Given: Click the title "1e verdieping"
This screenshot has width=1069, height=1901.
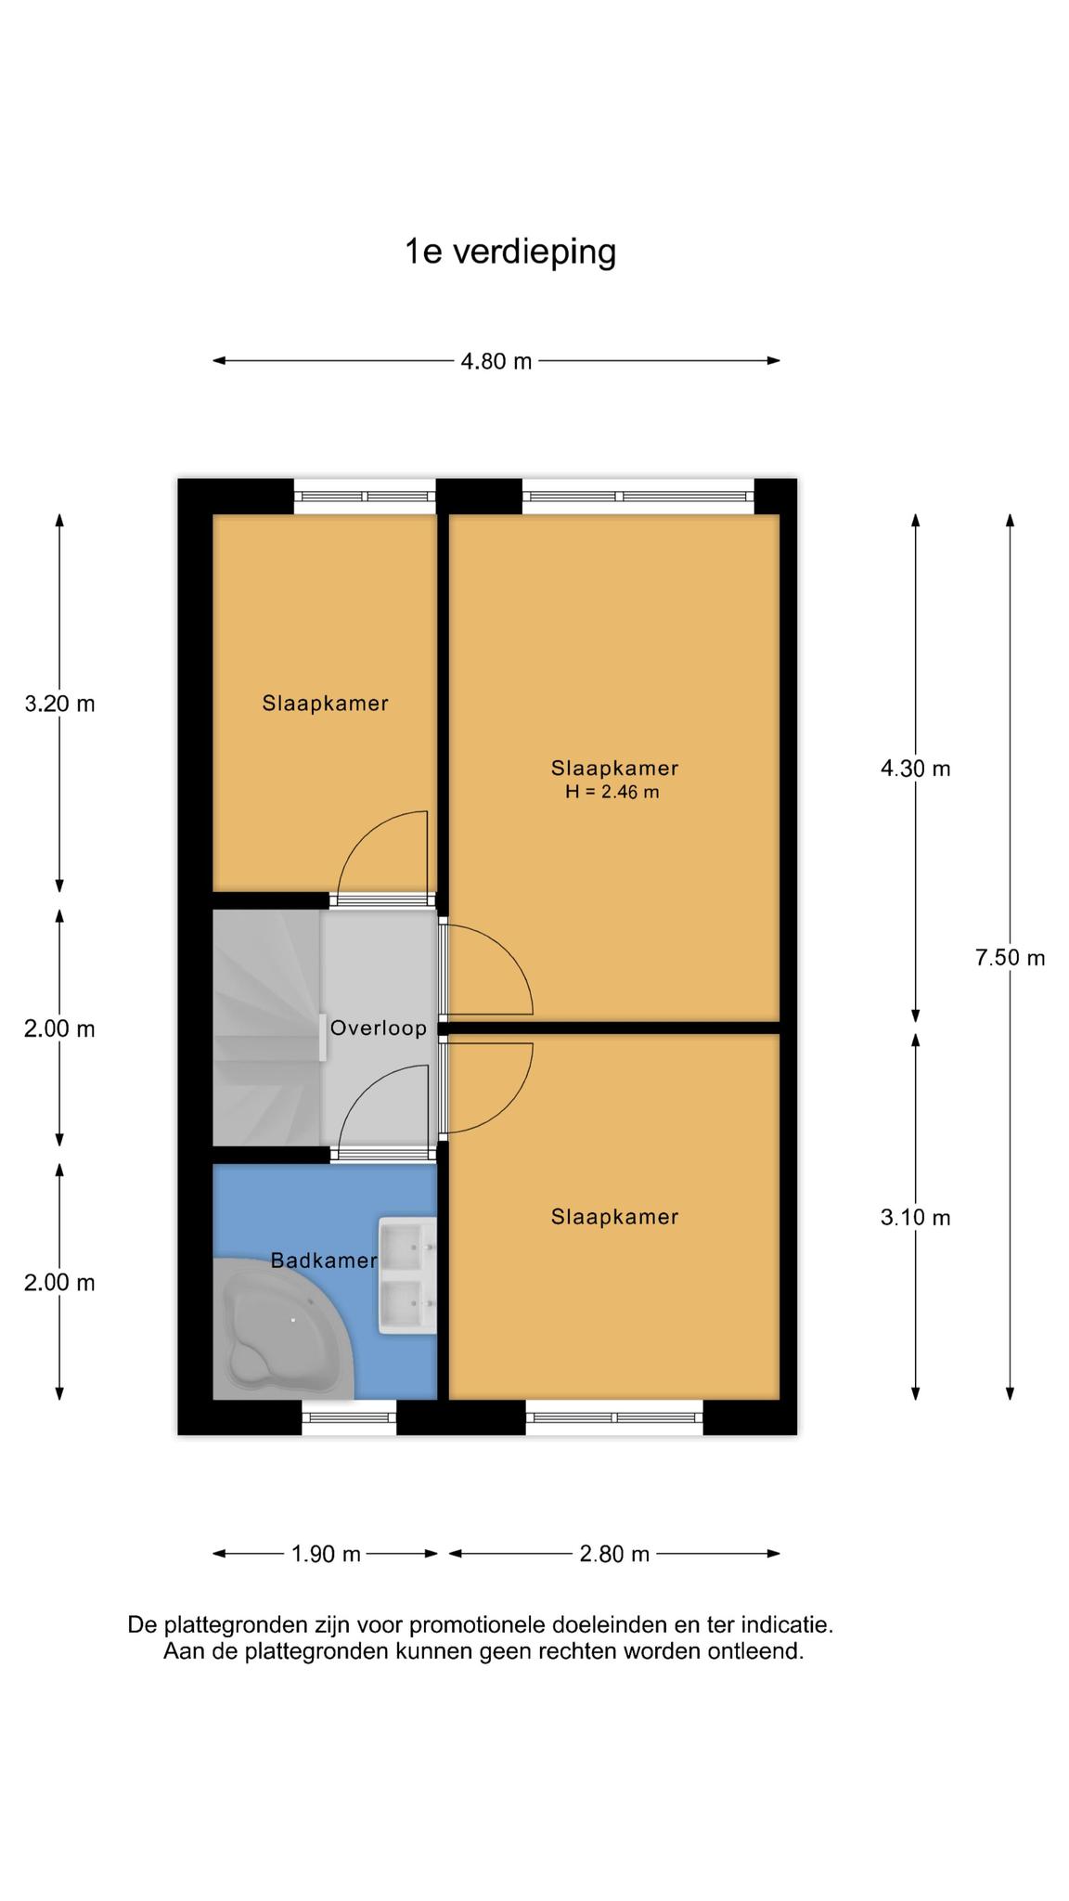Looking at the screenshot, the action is coord(510,252).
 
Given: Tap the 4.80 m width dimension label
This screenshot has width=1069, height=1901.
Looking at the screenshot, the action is coord(496,361).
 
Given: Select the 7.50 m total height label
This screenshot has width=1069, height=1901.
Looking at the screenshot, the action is coord(1010,958).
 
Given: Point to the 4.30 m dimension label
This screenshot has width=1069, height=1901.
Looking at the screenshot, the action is coord(916,769).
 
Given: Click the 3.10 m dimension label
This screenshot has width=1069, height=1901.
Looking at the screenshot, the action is coord(916,1218).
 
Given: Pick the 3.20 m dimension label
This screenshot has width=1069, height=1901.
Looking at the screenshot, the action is coord(60,704).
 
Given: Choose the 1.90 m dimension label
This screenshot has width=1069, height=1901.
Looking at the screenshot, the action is coord(326,1554).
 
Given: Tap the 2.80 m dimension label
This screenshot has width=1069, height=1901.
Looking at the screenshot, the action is coord(614,1554).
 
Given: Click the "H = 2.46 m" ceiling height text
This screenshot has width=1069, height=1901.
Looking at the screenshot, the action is coord(612,792).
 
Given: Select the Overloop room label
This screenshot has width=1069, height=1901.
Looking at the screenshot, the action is coord(379,1028).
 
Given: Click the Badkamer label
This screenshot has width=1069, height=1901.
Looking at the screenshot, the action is coord(324,1261).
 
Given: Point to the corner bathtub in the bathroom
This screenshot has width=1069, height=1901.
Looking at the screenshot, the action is coord(283,1328).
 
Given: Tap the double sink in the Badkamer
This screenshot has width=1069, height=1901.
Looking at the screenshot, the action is coord(407,1277).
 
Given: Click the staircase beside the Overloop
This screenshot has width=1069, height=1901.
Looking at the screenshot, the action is coord(267,1028).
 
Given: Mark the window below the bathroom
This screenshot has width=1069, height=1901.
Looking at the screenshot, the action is coord(349,1417).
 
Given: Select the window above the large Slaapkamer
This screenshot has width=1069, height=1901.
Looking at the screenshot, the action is coord(638,497).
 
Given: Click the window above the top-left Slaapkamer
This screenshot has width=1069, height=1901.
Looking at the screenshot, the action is coord(365,497).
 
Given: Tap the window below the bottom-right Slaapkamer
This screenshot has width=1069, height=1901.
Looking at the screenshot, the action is coord(614,1417).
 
